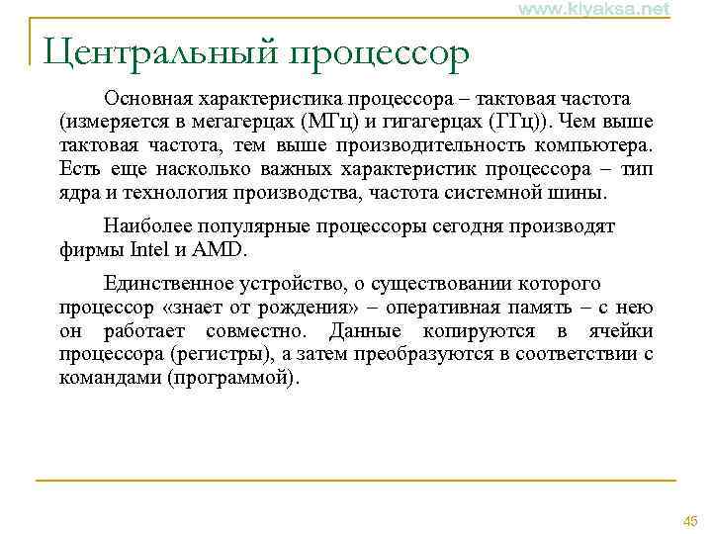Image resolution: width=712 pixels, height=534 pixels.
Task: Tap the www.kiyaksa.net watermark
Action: [592, 9]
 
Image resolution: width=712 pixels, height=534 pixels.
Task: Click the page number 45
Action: [689, 521]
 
